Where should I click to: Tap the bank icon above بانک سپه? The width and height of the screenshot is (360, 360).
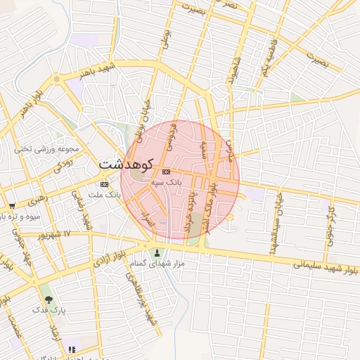(x=166, y=172)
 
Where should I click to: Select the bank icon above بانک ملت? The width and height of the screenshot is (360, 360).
(x=105, y=184)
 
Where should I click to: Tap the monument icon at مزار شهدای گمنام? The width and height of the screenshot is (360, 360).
(x=156, y=253)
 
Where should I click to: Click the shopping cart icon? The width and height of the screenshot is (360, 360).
(x=12, y=206)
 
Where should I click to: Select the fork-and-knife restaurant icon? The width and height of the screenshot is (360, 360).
(x=72, y=349)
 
